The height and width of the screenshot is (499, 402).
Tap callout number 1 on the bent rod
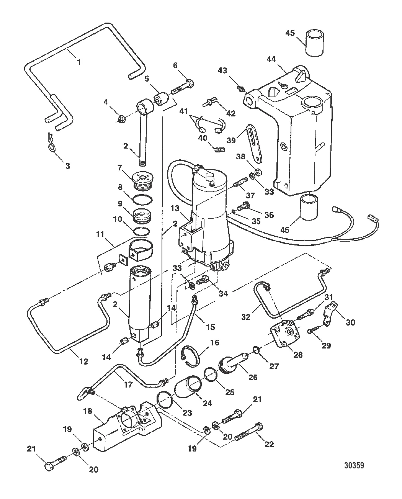coord(79,61)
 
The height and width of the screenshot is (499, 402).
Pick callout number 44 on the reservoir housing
coord(271,59)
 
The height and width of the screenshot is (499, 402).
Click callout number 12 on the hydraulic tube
coord(83,361)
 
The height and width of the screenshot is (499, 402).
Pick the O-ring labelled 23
coord(165,401)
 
